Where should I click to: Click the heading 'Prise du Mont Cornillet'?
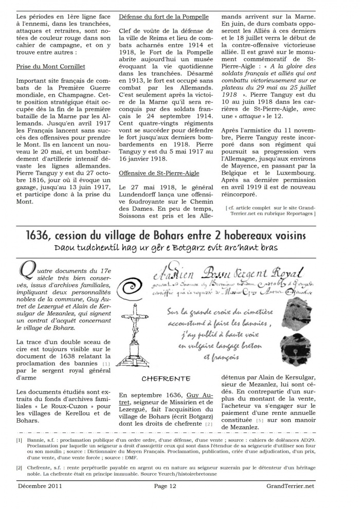(50, 67)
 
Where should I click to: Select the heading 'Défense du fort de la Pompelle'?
(164, 17)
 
